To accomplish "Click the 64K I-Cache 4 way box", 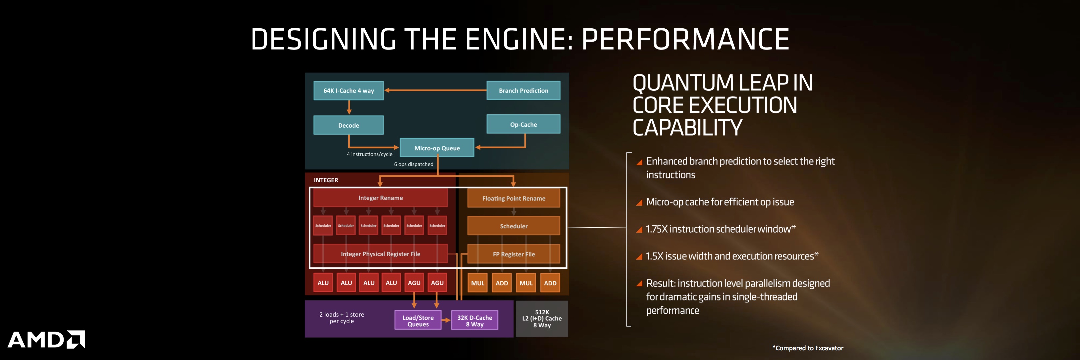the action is click(x=348, y=91).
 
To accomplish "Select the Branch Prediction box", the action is click(x=523, y=91).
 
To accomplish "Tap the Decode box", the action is click(x=348, y=125).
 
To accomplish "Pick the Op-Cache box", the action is click(x=523, y=124).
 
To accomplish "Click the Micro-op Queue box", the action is click(x=437, y=148).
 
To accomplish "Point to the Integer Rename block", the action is click(x=380, y=198).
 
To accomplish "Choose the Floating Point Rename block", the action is click(x=514, y=198).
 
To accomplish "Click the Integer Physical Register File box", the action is click(x=380, y=254).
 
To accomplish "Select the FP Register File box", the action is click(x=514, y=254).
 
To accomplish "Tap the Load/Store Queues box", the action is click(x=418, y=320).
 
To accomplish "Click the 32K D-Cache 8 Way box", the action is click(x=475, y=320).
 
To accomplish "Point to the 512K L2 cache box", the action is click(x=542, y=319).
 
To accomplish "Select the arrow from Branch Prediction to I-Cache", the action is click(x=436, y=90).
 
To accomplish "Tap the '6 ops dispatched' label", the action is click(x=413, y=164).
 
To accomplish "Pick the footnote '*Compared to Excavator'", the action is click(x=807, y=348).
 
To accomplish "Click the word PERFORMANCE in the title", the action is click(x=685, y=39).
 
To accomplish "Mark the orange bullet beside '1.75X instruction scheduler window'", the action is click(x=639, y=230).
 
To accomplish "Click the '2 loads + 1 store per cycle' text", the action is click(x=342, y=318).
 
